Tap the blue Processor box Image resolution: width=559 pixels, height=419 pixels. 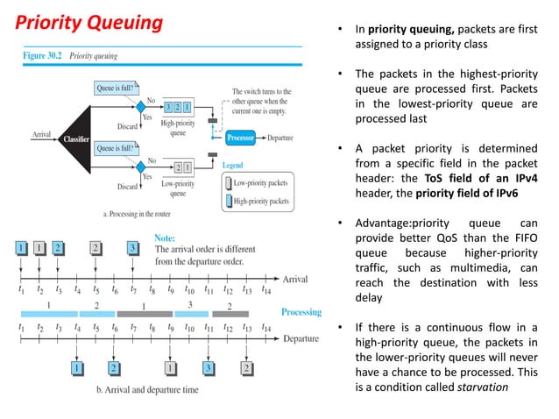tap(241, 138)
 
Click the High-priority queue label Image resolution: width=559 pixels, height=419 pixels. tap(178, 128)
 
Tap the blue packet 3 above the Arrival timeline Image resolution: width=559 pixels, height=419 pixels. tap(132, 248)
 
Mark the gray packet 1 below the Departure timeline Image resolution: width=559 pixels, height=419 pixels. tap(172, 368)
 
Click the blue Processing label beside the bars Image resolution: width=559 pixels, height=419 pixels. tap(301, 312)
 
